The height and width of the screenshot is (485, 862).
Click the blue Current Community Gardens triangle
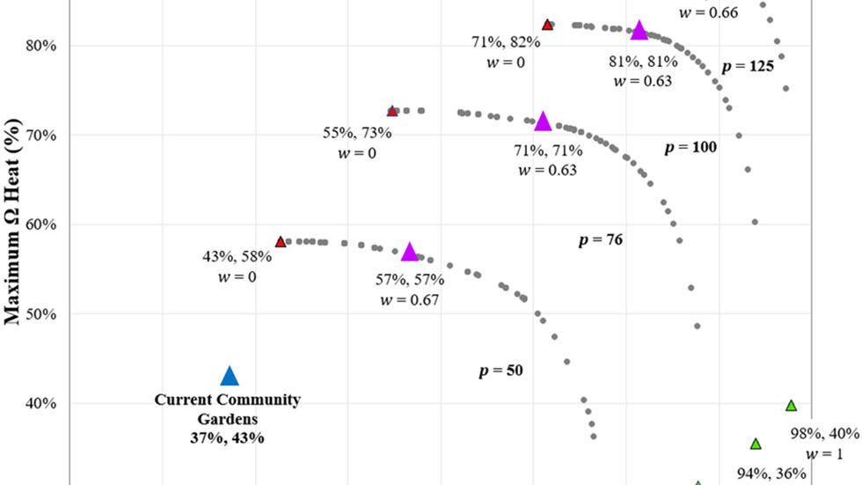click(x=230, y=377)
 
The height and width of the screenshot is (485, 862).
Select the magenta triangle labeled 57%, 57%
click(x=409, y=253)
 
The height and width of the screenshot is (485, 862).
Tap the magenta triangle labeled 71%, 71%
click(x=543, y=121)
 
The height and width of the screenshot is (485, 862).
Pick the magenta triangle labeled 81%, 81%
click(x=639, y=31)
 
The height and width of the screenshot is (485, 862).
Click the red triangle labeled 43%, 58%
click(x=281, y=241)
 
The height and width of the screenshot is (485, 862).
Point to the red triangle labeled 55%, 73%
click(x=392, y=111)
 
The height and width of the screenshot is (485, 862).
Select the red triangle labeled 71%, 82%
click(x=547, y=25)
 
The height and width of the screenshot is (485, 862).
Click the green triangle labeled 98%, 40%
click(x=791, y=406)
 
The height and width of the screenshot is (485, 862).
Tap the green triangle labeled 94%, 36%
click(x=755, y=444)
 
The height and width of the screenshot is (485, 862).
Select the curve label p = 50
click(x=501, y=371)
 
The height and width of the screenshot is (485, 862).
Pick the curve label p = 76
click(x=601, y=239)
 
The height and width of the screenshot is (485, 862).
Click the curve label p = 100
click(x=690, y=147)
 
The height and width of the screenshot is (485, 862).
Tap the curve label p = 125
click(x=747, y=66)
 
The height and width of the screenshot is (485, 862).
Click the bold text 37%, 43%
click(x=227, y=437)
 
